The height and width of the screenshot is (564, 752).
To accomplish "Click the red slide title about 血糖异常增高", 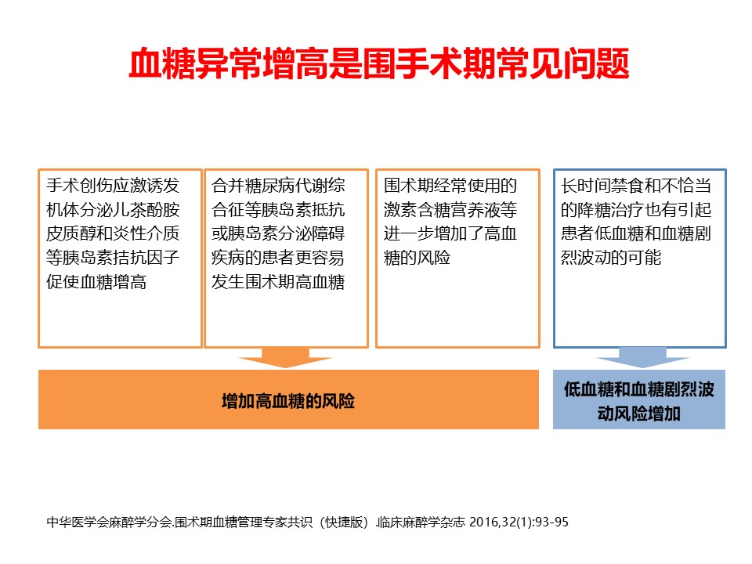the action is pyautogui.click(x=379, y=63).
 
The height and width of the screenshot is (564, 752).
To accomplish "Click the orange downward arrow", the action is pyautogui.click(x=285, y=358).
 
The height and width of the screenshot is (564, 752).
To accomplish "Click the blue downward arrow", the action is pyautogui.click(x=642, y=358).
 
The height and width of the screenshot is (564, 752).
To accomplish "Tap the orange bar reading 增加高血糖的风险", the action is pyautogui.click(x=288, y=399).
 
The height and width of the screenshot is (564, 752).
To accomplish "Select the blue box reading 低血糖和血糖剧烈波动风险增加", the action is pyautogui.click(x=639, y=399).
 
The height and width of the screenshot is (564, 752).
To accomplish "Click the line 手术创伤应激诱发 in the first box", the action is pyautogui.click(x=113, y=185).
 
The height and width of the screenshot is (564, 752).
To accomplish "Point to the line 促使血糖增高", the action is pyautogui.click(x=96, y=281).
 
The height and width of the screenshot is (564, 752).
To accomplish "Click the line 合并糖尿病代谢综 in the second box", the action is pyautogui.click(x=278, y=185).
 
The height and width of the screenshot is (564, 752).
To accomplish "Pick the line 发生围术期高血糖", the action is pyautogui.click(x=278, y=281).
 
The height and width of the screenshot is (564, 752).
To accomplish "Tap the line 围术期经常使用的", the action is pyautogui.click(x=450, y=185).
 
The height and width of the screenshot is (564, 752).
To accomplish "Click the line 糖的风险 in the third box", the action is pyautogui.click(x=417, y=258).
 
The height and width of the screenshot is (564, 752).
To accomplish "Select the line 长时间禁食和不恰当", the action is pyautogui.click(x=636, y=185).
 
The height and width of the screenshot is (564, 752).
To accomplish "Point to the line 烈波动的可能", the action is pyautogui.click(x=611, y=258).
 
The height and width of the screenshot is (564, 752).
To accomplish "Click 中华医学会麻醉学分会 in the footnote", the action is pyautogui.click(x=109, y=522).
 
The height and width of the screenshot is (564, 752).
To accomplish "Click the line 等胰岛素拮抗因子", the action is pyautogui.click(x=113, y=258).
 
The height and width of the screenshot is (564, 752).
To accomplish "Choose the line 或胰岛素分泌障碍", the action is pyautogui.click(x=278, y=233).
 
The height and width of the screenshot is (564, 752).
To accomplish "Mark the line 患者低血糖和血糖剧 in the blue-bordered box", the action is pyautogui.click(x=636, y=233).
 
